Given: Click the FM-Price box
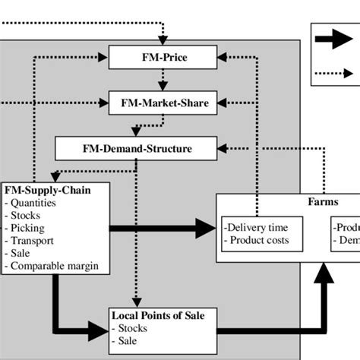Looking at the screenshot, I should pyautogui.click(x=164, y=55).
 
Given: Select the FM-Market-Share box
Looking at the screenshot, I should pyautogui.click(x=164, y=101).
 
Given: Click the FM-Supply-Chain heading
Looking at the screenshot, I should pyautogui.click(x=48, y=190).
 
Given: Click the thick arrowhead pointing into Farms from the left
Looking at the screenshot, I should pyautogui.click(x=205, y=227).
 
